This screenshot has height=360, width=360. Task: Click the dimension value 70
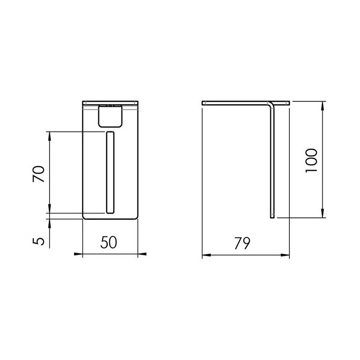pyautogui.click(x=39, y=174)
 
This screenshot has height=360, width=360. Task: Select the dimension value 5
pyautogui.click(x=39, y=241)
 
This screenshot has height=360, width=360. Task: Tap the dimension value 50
pyautogui.click(x=108, y=242)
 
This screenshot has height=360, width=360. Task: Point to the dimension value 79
pyautogui.click(x=242, y=243)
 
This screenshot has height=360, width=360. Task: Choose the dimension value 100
pyautogui.click(x=311, y=161)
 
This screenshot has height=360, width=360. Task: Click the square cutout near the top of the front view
pyautogui.click(x=110, y=116)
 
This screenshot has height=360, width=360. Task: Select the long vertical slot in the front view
pyautogui.click(x=110, y=172)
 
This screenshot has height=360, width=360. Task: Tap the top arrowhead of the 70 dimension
pyautogui.click(x=49, y=136)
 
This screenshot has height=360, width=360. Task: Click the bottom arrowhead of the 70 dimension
pyautogui.click(x=49, y=209)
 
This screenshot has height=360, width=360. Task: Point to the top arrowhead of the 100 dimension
pyautogui.click(x=322, y=106)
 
